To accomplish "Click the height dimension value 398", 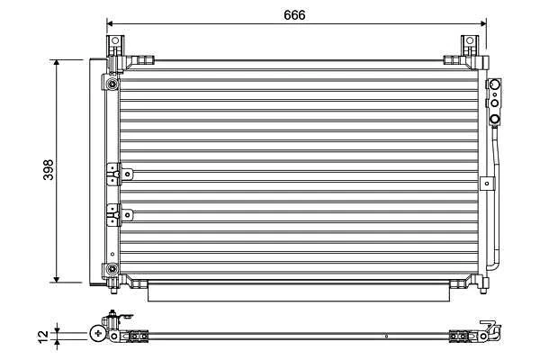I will tap(48, 170).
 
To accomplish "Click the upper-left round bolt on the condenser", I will tap(112, 85).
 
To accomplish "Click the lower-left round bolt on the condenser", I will tap(112, 269).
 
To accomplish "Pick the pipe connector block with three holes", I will tap(494, 103).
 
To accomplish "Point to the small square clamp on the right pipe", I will tap(490, 184).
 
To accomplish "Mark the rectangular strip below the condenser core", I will tap(297, 291).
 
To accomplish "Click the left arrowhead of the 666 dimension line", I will tap(110, 24).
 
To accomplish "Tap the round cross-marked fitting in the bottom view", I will tap(96, 334).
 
